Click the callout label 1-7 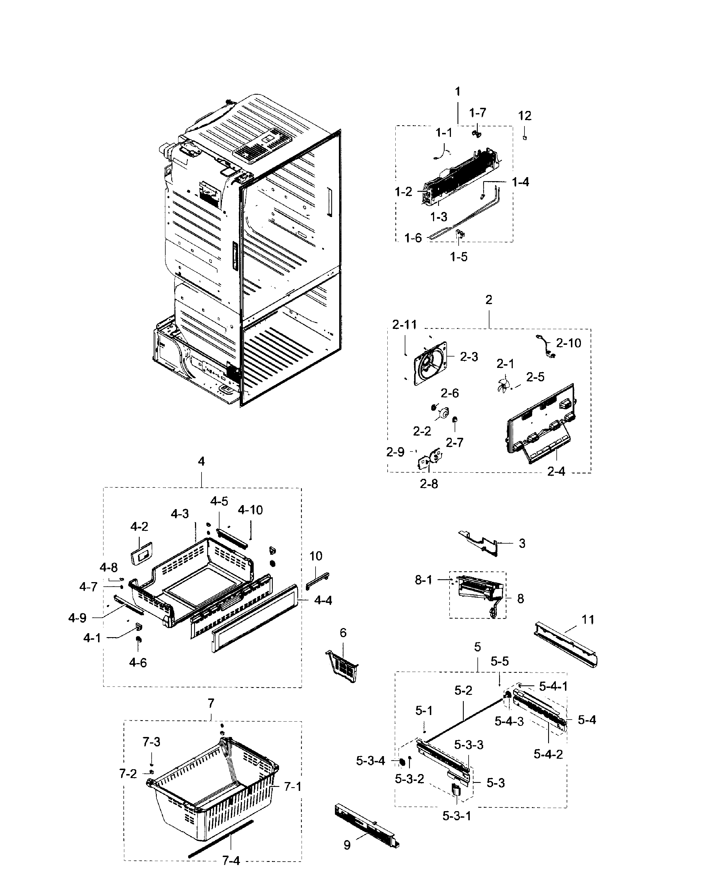(x=477, y=113)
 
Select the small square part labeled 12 (x=525, y=138)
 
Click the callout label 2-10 (x=568, y=343)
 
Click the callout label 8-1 (x=423, y=580)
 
